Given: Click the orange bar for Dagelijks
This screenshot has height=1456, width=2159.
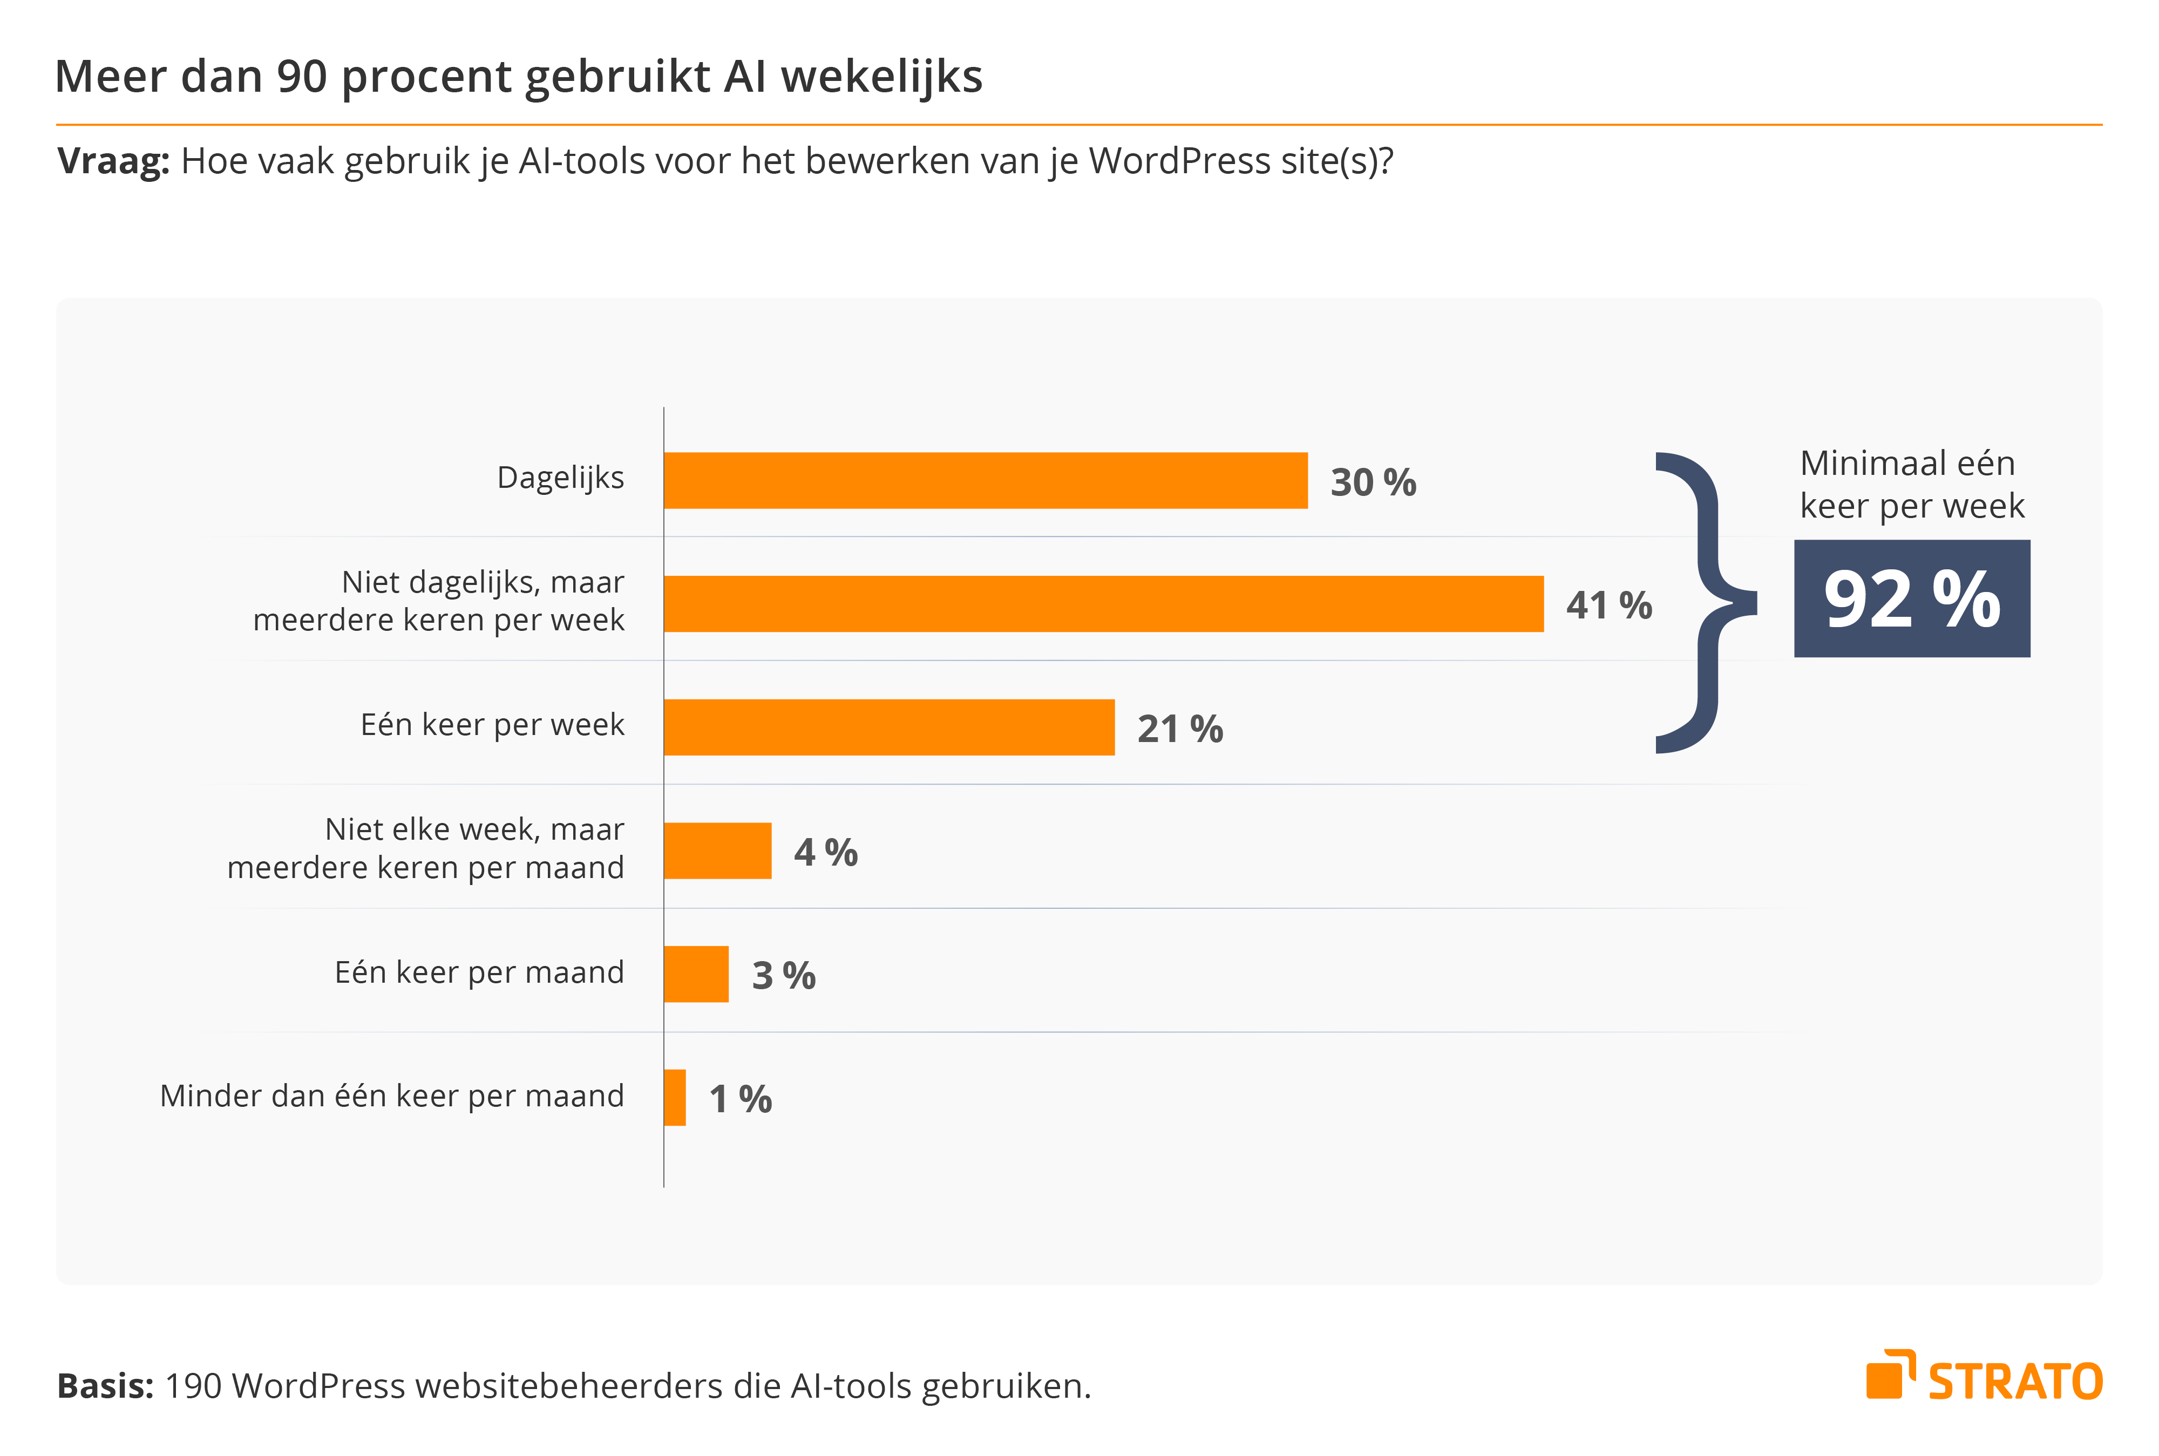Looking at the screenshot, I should click(x=985, y=480).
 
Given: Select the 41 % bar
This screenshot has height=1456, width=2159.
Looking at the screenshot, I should click(x=1103, y=603).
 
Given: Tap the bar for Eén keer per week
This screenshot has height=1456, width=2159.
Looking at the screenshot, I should click(x=888, y=727).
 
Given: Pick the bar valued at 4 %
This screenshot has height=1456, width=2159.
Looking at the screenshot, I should click(x=717, y=851).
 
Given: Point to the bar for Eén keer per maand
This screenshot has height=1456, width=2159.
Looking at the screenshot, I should click(x=696, y=974).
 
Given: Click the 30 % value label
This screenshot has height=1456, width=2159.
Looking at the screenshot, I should click(x=1373, y=482).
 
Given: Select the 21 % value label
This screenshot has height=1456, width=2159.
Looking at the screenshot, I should click(x=1179, y=729).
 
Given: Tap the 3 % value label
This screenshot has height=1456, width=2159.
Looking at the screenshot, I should click(x=783, y=976).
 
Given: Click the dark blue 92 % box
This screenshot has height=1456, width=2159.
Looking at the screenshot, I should click(x=1911, y=599).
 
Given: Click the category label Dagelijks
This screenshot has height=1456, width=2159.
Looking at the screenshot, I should click(x=560, y=477).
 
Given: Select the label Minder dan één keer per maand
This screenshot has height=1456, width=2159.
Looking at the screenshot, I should click(x=392, y=1096).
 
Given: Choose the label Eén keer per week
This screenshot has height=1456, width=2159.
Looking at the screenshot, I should click(x=492, y=724).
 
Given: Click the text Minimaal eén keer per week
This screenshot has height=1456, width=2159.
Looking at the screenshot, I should click(x=1911, y=484).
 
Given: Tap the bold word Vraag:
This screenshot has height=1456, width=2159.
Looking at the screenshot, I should click(x=113, y=161).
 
